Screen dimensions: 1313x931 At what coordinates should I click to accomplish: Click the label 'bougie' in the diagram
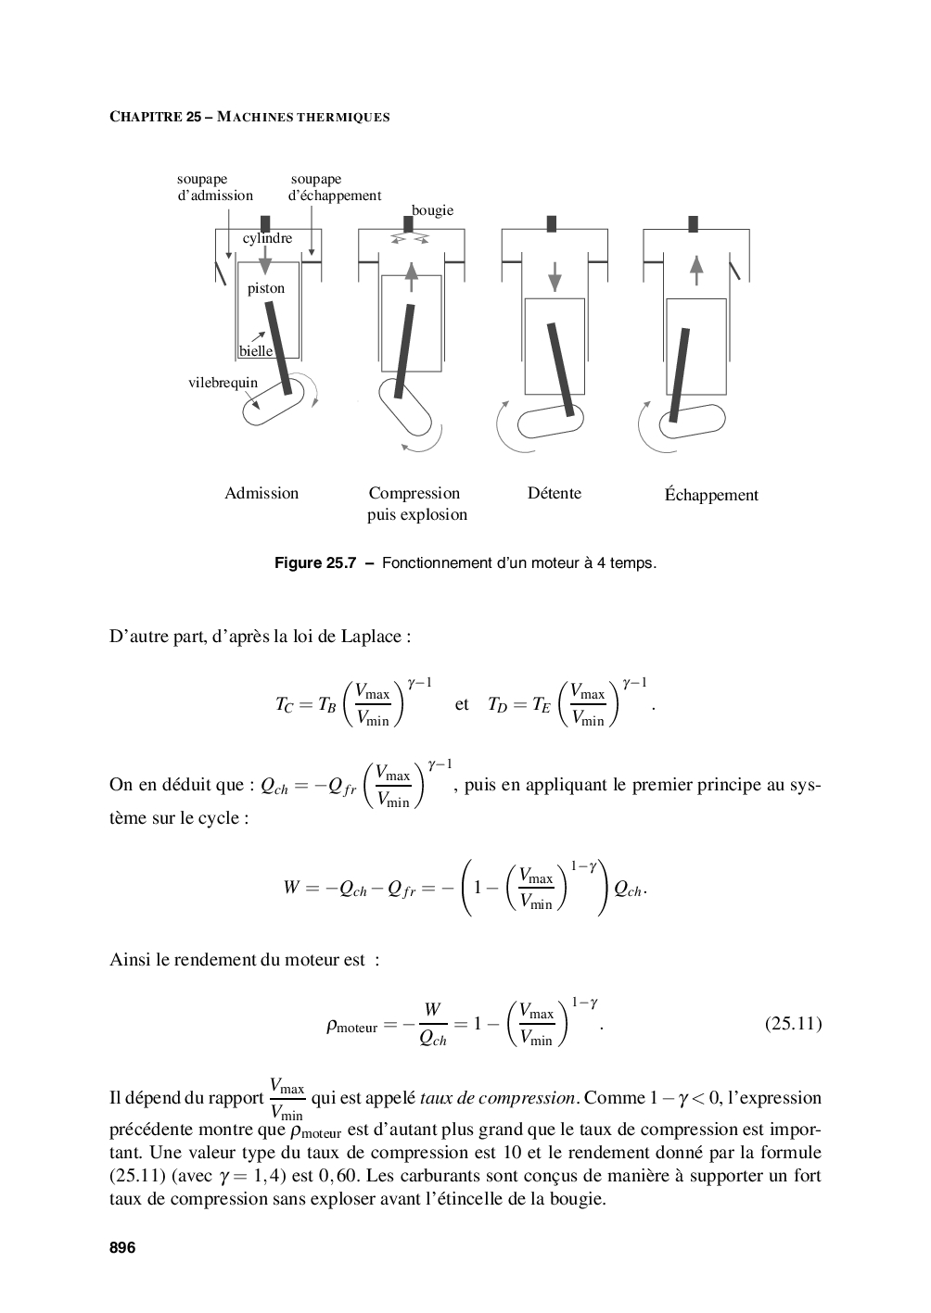click(432, 210)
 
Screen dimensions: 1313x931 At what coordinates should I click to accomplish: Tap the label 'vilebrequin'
click(223, 382)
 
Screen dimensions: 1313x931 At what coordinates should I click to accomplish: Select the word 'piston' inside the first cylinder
click(266, 288)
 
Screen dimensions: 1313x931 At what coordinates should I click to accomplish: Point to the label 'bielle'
click(256, 351)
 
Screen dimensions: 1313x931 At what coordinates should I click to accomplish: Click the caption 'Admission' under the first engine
click(261, 493)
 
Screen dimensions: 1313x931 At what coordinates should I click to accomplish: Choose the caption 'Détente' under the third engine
click(555, 493)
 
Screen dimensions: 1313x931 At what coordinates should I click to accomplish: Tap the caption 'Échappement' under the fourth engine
click(711, 495)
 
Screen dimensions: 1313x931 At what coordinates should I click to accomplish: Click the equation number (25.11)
click(793, 1024)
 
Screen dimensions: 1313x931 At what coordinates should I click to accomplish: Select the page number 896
click(122, 1247)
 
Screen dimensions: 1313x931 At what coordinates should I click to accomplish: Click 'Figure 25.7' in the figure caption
click(315, 562)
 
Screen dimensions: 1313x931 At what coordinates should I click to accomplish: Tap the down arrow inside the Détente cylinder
click(555, 275)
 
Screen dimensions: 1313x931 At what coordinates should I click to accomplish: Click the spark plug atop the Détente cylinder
click(552, 223)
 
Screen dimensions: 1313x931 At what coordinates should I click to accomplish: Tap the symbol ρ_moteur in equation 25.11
click(351, 1026)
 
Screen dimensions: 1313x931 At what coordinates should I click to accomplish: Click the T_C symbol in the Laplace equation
click(284, 705)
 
